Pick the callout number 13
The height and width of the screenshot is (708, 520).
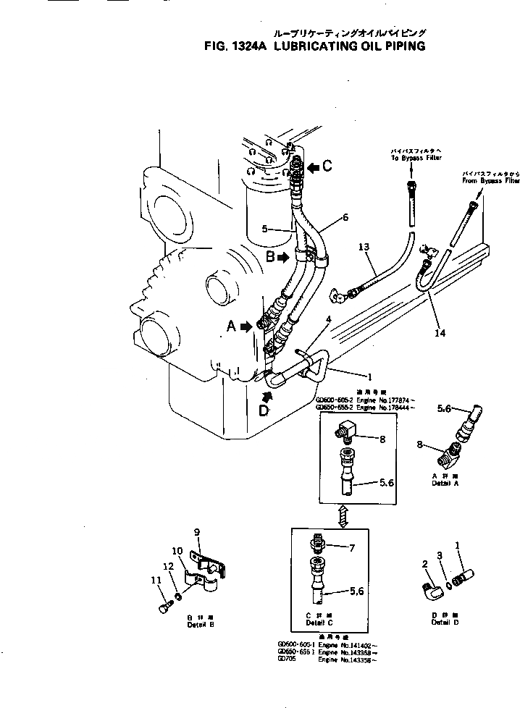(364, 248)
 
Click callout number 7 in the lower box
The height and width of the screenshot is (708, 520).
(352, 548)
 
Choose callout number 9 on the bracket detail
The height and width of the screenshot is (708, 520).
(196, 532)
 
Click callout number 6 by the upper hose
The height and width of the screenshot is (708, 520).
(345, 217)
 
